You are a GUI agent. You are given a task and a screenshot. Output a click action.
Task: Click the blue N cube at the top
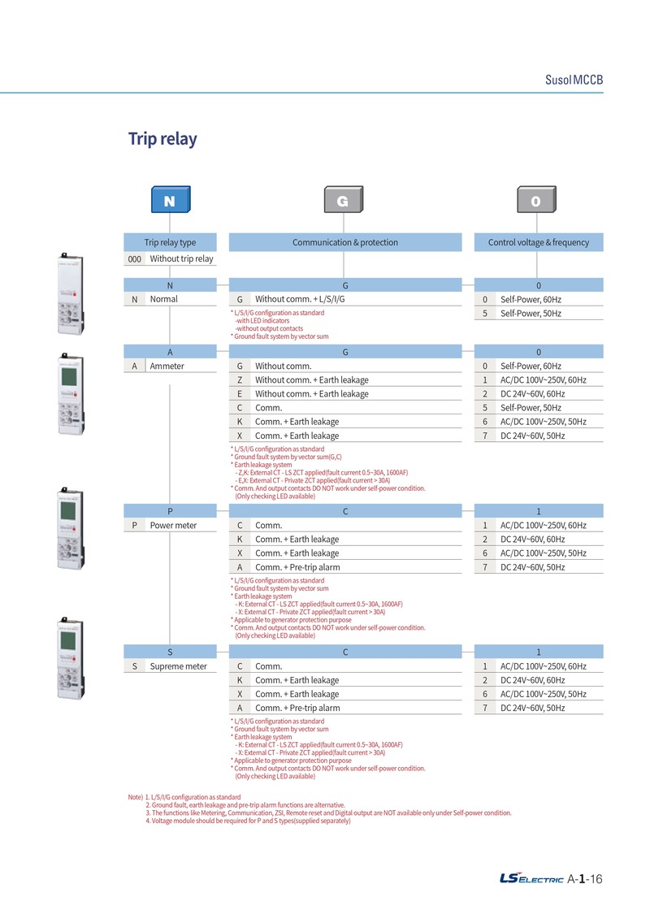(x=171, y=199)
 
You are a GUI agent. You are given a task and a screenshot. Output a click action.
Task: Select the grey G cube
(x=344, y=199)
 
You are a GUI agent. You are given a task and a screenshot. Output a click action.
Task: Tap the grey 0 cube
(x=536, y=199)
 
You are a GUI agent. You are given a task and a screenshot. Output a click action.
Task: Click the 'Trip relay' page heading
(x=162, y=139)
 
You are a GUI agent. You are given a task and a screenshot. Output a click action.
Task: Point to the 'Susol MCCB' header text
(x=574, y=80)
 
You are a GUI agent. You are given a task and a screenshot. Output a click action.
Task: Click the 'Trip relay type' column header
(x=170, y=242)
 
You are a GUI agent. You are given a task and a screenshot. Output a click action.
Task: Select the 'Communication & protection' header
(x=345, y=242)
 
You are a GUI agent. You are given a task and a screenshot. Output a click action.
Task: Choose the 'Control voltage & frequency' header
(x=539, y=242)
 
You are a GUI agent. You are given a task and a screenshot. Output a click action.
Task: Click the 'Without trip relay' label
(x=182, y=258)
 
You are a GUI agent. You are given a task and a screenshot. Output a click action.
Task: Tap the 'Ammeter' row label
(x=167, y=366)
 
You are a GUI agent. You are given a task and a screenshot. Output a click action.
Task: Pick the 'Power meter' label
(x=174, y=525)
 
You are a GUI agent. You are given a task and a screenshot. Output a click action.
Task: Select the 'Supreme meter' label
(x=178, y=666)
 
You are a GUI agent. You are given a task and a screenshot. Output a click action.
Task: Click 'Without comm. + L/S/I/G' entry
(x=300, y=299)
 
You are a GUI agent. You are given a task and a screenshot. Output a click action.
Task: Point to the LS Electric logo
(x=531, y=878)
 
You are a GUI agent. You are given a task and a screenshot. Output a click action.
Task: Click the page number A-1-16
(x=585, y=878)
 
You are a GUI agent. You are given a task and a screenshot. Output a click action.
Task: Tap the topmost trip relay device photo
(x=71, y=293)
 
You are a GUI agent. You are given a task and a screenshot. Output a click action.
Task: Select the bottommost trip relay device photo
(x=71, y=657)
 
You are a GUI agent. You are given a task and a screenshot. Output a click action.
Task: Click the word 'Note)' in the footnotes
(x=136, y=797)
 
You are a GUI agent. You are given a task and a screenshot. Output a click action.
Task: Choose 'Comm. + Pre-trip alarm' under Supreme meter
(x=297, y=708)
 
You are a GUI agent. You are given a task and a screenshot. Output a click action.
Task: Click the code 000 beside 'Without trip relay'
(x=135, y=259)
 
